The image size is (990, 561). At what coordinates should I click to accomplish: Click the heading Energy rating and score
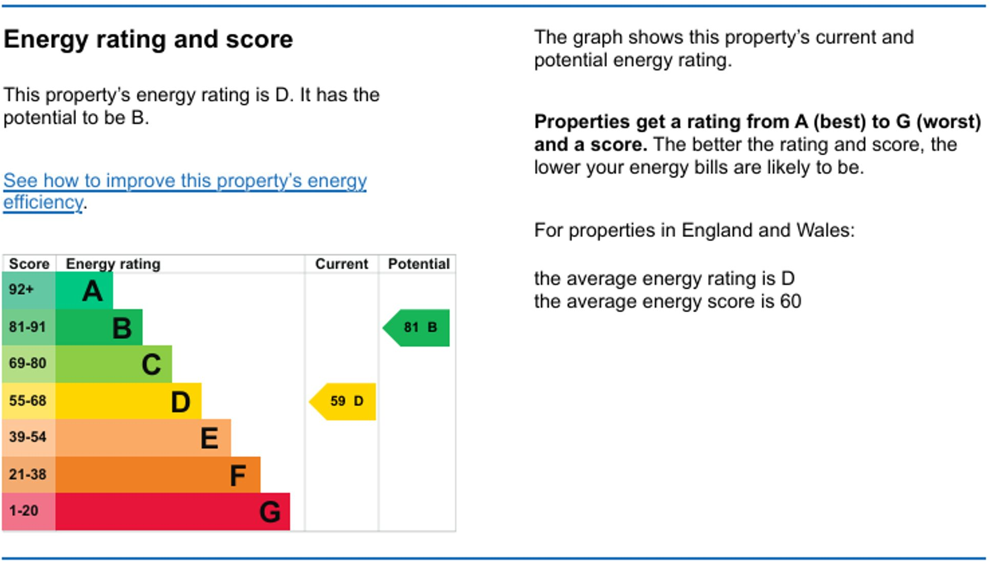click(x=148, y=39)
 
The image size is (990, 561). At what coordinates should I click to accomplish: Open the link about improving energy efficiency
click(x=185, y=191)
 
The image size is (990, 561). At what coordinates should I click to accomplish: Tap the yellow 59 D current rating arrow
click(x=342, y=402)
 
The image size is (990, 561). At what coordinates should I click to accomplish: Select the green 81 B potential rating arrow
click(x=416, y=328)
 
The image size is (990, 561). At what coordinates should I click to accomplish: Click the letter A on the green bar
click(x=92, y=291)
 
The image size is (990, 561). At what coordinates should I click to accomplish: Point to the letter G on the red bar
click(x=270, y=512)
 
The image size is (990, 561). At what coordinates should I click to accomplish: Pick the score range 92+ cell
click(x=29, y=290)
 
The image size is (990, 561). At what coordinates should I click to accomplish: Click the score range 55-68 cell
click(x=29, y=401)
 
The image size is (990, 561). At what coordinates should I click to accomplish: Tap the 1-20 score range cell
click(x=29, y=511)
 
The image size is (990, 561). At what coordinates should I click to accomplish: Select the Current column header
click(x=341, y=264)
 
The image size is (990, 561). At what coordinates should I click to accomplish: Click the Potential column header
click(x=419, y=264)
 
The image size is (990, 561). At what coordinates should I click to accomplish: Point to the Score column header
click(x=29, y=264)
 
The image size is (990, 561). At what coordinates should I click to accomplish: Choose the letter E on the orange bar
click(x=209, y=438)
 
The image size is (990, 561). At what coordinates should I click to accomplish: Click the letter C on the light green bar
click(x=151, y=365)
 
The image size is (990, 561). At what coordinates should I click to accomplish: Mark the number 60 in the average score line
click(x=790, y=301)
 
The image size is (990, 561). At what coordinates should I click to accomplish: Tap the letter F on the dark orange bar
click(x=238, y=475)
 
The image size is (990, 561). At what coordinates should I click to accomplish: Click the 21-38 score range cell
click(x=29, y=475)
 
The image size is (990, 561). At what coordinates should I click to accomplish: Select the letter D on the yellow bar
click(x=180, y=402)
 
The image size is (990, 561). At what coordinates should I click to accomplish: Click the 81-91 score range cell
click(x=29, y=327)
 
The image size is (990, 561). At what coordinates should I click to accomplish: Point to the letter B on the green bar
click(x=122, y=328)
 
